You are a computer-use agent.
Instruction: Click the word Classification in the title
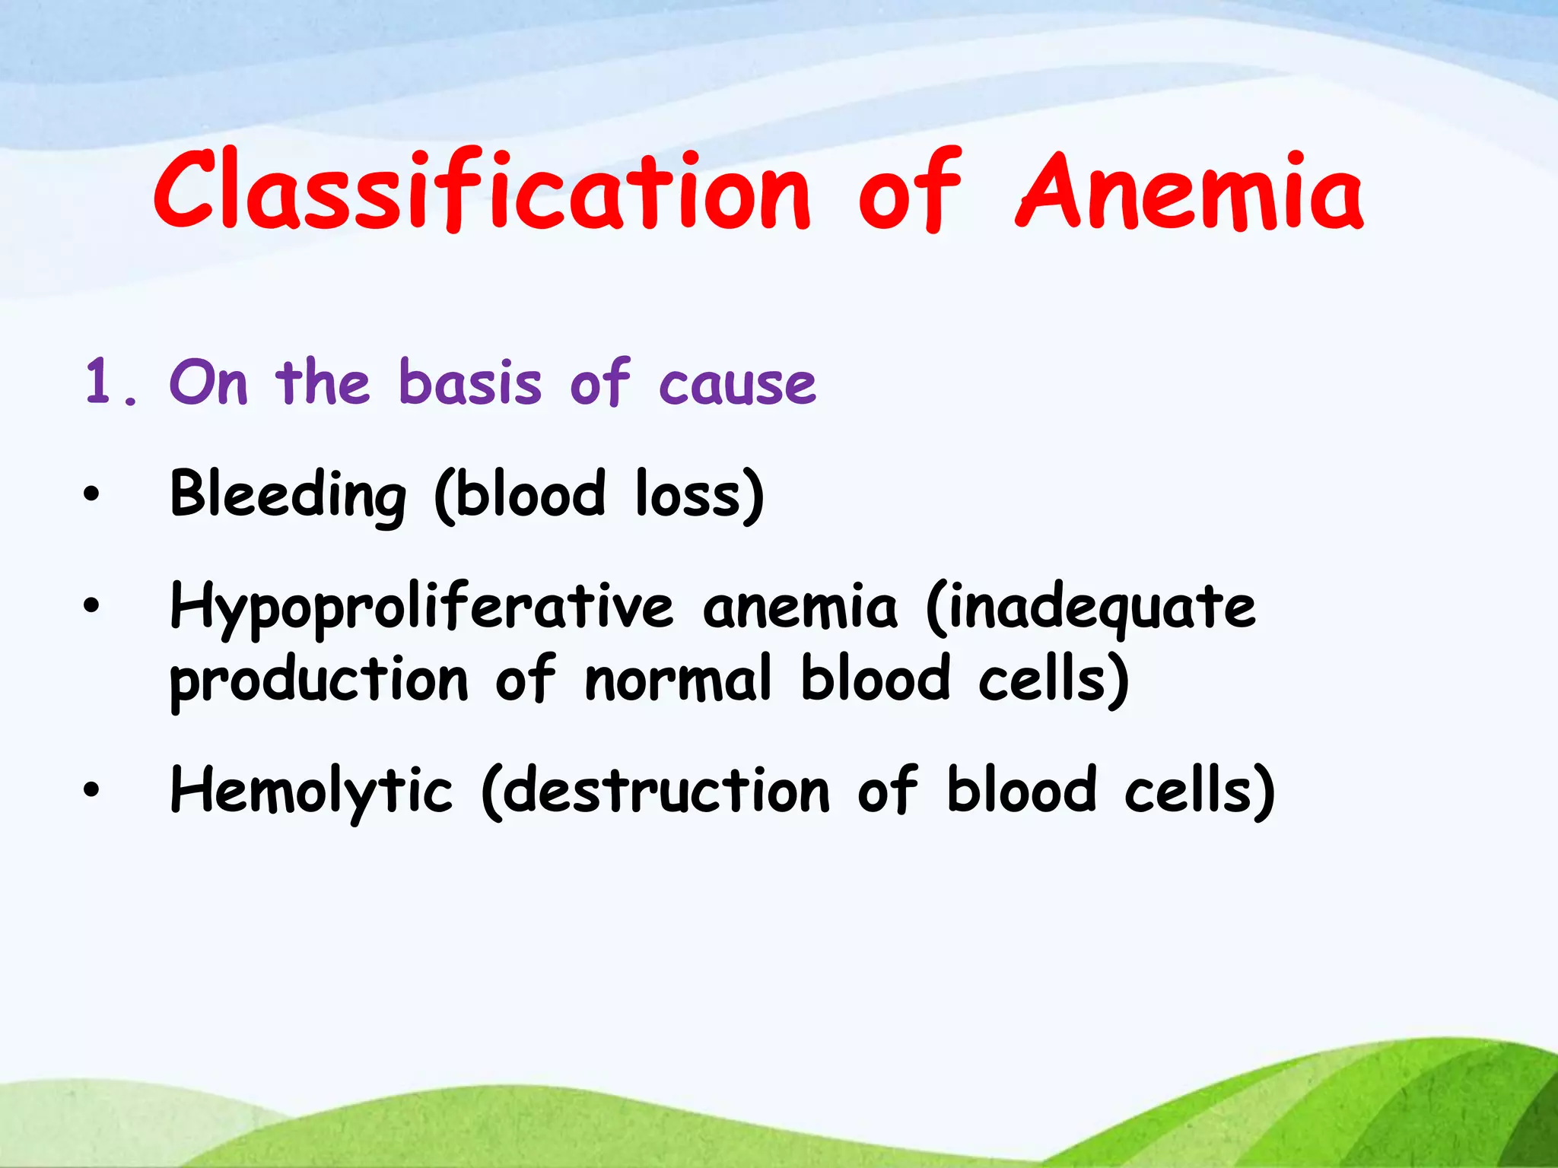coord(482,190)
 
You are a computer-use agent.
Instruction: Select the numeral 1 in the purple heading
coord(99,381)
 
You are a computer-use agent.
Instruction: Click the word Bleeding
coord(288,495)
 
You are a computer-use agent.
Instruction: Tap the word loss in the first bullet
coord(689,495)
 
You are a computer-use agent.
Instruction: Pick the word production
coord(318,681)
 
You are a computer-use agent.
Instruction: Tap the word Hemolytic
coord(311,792)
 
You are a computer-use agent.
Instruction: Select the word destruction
coord(666,792)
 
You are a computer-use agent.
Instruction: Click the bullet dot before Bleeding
coord(91,495)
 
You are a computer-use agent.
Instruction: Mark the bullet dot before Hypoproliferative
coord(91,606)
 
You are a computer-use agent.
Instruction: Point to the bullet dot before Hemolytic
coord(91,791)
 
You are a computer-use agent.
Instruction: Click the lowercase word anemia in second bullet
coord(800,608)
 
